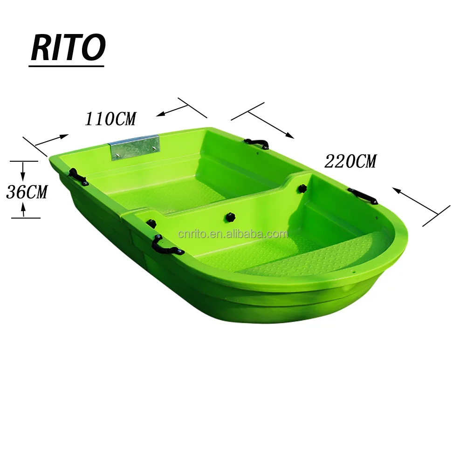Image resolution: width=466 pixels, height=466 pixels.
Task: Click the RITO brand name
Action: (x=68, y=48)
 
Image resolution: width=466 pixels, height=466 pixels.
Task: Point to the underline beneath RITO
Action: (x=67, y=67)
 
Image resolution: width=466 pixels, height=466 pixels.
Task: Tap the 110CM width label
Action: (x=110, y=119)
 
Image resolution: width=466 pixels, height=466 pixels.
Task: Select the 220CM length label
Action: (x=350, y=162)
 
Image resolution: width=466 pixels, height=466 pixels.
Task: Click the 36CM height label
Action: (x=27, y=192)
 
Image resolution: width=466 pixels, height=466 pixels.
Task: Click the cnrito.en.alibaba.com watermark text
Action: (x=233, y=234)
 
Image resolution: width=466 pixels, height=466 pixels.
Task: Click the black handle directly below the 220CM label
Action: (x=363, y=196)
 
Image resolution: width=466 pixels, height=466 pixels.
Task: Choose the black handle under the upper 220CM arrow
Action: (x=257, y=143)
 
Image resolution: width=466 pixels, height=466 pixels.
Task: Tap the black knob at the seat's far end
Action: (x=302, y=189)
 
